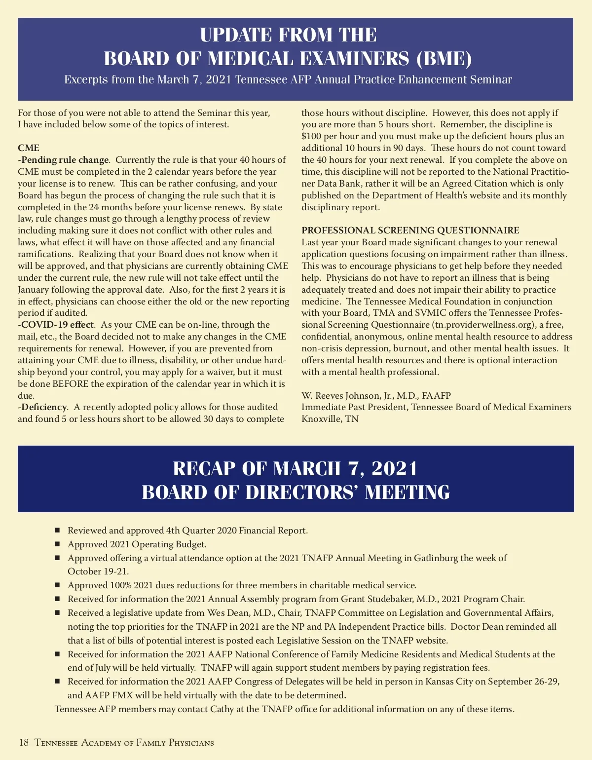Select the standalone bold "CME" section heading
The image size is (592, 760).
coord(29,148)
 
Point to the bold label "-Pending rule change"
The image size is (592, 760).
coord(63,160)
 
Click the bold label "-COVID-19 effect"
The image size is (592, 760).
coord(56,325)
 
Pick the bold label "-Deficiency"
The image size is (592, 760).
coord(42,407)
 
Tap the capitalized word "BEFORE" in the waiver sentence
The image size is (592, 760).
coord(71,384)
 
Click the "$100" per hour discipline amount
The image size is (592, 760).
coord(311,136)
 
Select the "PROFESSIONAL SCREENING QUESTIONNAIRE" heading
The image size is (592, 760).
coord(410,230)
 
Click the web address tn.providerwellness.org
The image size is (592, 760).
coord(483,325)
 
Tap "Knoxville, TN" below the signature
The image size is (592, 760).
coord(330,419)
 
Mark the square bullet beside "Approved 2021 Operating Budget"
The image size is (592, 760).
coord(57,544)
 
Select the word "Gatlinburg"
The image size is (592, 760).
coord(436,558)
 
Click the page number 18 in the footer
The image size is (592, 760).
coord(24,743)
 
